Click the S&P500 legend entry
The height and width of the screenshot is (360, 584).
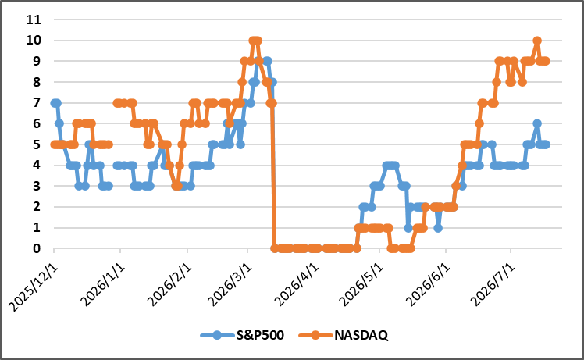click(242, 335)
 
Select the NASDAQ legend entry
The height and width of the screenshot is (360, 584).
click(344, 335)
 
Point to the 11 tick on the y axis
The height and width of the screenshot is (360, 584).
click(34, 20)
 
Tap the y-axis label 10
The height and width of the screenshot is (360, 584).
click(34, 41)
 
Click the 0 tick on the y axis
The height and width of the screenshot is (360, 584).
click(37, 248)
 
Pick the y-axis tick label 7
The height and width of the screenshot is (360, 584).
click(37, 102)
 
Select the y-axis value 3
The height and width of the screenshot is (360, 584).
click(37, 186)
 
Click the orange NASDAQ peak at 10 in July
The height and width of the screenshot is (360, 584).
click(537, 41)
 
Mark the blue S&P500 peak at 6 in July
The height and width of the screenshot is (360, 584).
click(537, 123)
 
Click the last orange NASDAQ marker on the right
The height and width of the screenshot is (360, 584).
click(546, 61)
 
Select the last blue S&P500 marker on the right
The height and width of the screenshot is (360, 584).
click(546, 144)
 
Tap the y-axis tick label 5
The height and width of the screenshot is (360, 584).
click(37, 144)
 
